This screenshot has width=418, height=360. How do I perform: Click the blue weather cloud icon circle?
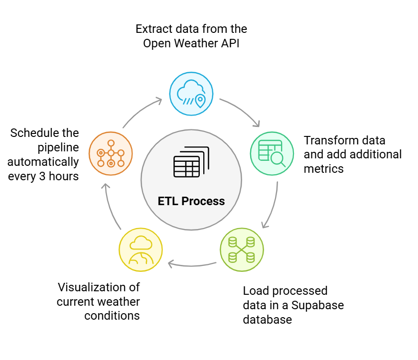click(x=191, y=94)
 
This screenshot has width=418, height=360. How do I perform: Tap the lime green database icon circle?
click(x=242, y=249)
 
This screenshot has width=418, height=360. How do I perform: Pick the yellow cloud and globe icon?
click(x=140, y=249)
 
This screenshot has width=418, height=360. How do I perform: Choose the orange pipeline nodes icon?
click(x=111, y=153)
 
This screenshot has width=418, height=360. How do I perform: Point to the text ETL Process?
click(x=191, y=202)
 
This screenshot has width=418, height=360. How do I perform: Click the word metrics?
click(x=323, y=169)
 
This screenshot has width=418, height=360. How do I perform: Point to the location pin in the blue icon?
click(x=200, y=101)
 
